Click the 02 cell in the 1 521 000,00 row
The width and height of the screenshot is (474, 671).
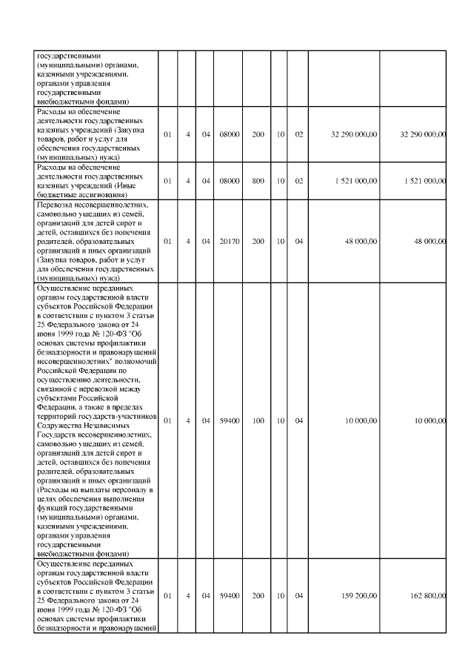point(298,180)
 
